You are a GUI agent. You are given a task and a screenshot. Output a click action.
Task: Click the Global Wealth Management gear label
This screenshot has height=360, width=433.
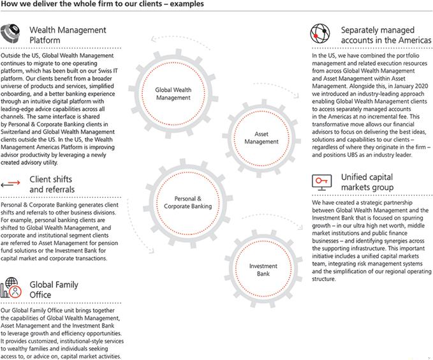[173, 94]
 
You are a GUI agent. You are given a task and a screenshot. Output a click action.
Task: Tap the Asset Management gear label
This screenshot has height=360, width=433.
[261, 138]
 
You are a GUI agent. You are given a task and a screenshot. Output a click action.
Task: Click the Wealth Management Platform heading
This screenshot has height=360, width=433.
[68, 34]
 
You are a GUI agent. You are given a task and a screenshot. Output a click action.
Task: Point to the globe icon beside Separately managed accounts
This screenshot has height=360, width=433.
[320, 34]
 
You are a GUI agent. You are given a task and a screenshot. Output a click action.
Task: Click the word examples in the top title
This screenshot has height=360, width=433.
[187, 4]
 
